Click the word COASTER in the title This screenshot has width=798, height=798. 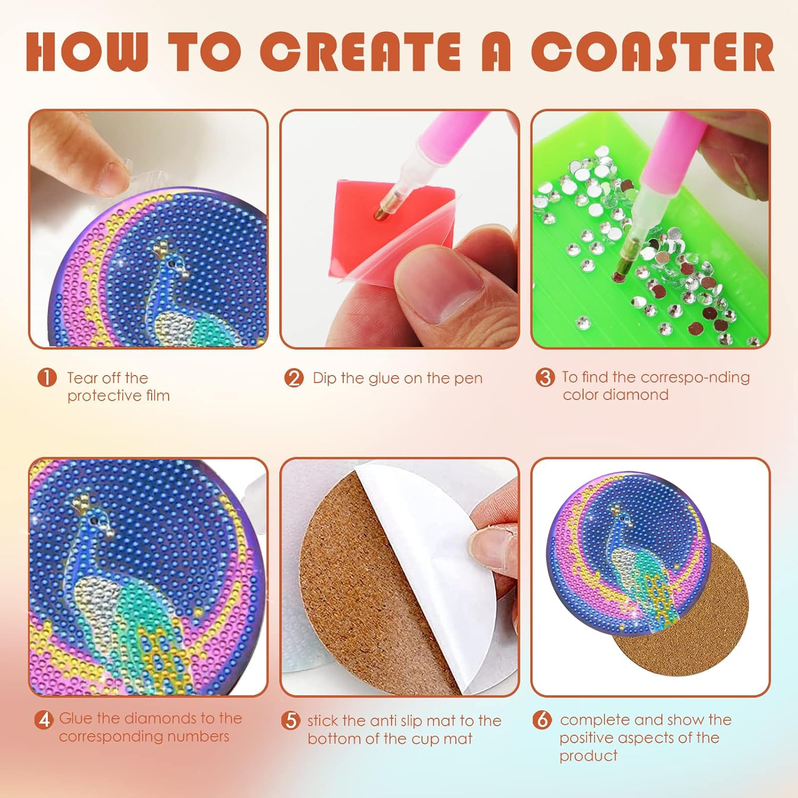pyautogui.click(x=652, y=51)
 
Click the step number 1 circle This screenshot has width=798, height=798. pyautogui.click(x=47, y=378)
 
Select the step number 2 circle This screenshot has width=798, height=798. pyautogui.click(x=294, y=378)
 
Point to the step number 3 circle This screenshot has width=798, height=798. pyautogui.click(x=545, y=378)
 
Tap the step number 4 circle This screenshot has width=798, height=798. pyautogui.click(x=44, y=719)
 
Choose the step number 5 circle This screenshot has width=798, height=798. pyautogui.click(x=291, y=721)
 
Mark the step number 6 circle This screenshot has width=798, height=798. pyautogui.click(x=542, y=720)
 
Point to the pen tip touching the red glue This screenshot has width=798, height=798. pyautogui.click(x=380, y=214)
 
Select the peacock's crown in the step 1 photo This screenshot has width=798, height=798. pyautogui.click(x=161, y=247)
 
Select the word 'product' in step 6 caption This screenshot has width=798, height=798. pyautogui.click(x=588, y=756)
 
